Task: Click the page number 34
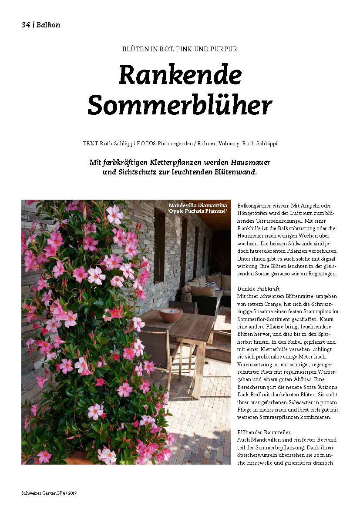tap(25, 25)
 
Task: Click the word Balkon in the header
tap(48, 25)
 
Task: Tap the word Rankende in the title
tap(180, 75)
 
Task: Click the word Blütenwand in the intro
tap(236, 172)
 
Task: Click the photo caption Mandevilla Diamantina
tap(198, 205)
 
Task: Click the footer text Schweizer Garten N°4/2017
tap(49, 493)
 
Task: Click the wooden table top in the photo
tap(183, 326)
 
